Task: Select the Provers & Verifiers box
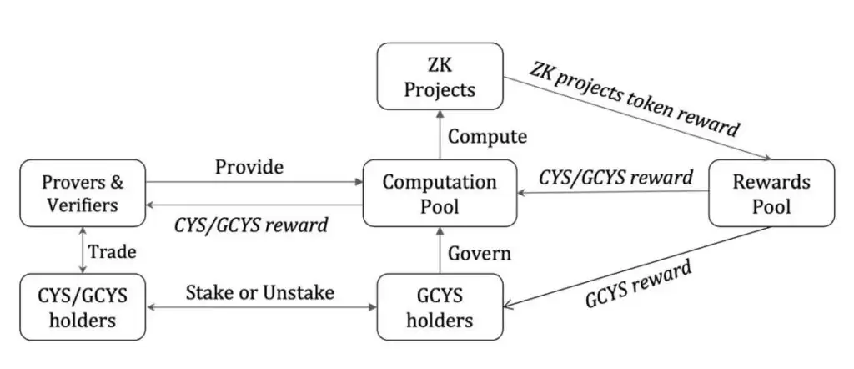[x=83, y=193]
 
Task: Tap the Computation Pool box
[x=439, y=193]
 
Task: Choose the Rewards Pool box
[x=771, y=193]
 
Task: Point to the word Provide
[x=249, y=167]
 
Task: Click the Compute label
[x=487, y=135]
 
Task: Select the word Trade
[x=113, y=251]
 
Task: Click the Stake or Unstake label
[x=259, y=292]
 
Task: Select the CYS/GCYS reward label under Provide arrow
[x=250, y=224]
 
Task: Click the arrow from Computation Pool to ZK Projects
[x=440, y=135]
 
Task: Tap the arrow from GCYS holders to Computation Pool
[x=440, y=253]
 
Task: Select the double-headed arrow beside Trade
[x=83, y=250]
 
